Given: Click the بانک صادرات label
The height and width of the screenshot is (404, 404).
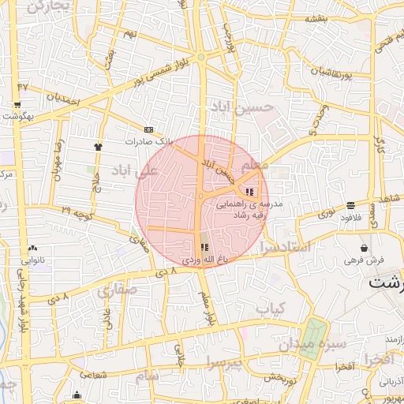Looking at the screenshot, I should coord(148,140).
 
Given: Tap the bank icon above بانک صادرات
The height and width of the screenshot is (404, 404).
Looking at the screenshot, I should coord(148,129).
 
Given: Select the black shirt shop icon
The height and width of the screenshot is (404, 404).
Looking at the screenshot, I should coord(98,146).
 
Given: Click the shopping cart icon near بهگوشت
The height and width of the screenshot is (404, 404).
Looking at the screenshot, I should coord(17,104).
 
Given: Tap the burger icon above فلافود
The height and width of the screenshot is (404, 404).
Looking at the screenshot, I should coord(350,205).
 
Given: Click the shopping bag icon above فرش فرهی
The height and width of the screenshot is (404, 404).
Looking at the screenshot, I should coord(364,247).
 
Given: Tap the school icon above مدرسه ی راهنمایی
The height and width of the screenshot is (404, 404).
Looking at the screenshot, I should coord(249,192).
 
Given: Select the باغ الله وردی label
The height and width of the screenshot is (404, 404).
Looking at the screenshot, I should coord(204,258).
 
